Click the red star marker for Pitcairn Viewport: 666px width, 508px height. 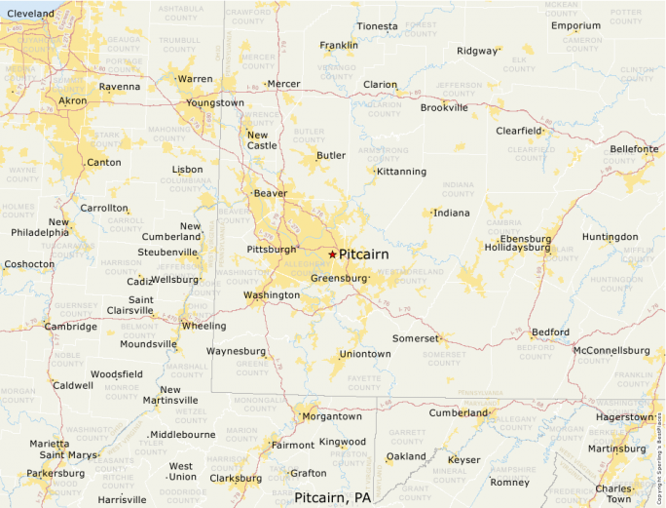click(x=332, y=254)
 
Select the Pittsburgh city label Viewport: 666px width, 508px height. click(x=272, y=250)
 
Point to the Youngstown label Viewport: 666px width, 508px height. click(x=215, y=102)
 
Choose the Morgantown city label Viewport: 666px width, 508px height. click(x=332, y=416)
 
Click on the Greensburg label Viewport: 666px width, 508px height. click(x=339, y=278)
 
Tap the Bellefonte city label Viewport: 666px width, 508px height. click(x=634, y=148)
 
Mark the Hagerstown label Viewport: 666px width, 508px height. click(x=625, y=416)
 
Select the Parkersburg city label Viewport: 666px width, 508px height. click(x=55, y=473)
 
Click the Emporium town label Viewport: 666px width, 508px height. click(x=575, y=25)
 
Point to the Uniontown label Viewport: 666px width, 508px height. click(x=365, y=354)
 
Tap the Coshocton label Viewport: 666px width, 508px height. click(x=29, y=264)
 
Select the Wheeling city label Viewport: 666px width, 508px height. click(x=204, y=326)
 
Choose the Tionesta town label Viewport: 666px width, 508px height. click(x=377, y=25)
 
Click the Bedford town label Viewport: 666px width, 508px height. click(x=550, y=332)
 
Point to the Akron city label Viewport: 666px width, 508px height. click(x=72, y=100)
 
